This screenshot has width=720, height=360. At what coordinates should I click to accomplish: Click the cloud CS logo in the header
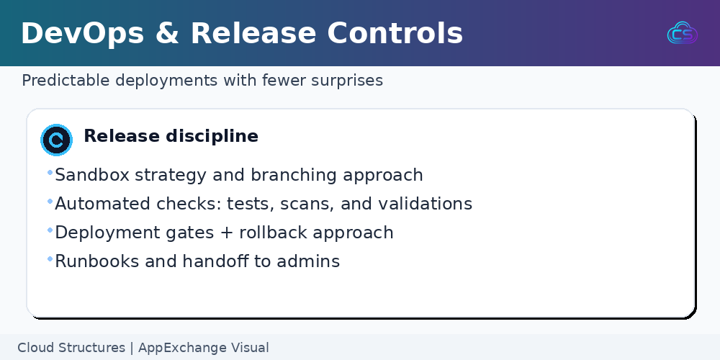click(683, 33)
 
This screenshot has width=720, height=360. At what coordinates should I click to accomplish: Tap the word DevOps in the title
click(83, 34)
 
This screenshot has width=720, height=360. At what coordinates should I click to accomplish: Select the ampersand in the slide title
click(167, 34)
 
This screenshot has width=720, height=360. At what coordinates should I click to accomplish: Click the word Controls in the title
click(395, 34)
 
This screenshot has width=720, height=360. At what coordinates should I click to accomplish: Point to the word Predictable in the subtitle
click(66, 81)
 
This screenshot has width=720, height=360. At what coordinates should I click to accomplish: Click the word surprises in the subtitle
click(347, 81)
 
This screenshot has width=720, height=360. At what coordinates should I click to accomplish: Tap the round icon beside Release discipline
click(56, 140)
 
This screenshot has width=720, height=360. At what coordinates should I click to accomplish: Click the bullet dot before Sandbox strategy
click(50, 173)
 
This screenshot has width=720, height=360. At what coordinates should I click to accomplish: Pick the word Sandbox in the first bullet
click(92, 175)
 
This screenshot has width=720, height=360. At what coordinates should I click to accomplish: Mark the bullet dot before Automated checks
click(50, 201)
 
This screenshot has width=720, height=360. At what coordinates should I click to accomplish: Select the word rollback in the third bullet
click(274, 233)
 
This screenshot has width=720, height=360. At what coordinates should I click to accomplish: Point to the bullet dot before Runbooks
click(50, 259)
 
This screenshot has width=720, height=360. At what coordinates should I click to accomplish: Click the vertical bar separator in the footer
click(132, 348)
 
